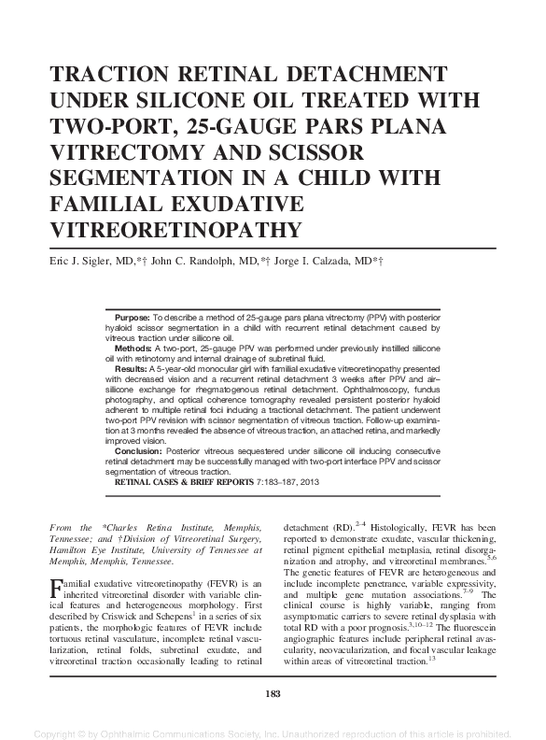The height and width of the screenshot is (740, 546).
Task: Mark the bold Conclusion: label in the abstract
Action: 137,449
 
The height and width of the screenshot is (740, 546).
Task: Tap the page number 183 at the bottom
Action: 273,692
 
